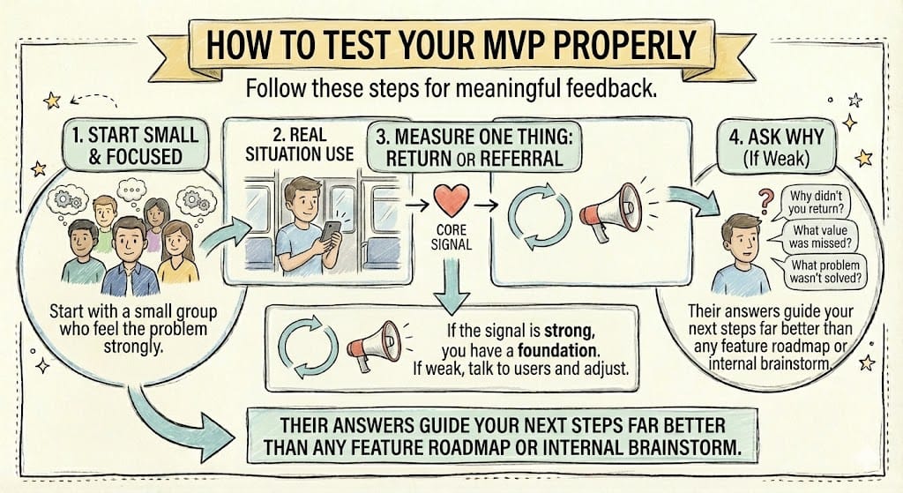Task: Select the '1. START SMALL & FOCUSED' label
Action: pyautogui.click(x=135, y=146)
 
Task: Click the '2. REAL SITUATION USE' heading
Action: pyautogui.click(x=300, y=145)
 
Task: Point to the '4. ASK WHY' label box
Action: pyautogui.click(x=776, y=147)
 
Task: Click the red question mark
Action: pyautogui.click(x=765, y=202)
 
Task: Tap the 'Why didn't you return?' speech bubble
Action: pyautogui.click(x=815, y=202)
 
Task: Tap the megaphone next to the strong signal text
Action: pyautogui.click(x=375, y=344)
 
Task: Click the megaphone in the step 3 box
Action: pyautogui.click(x=611, y=211)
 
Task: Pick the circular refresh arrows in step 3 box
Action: pyautogui.click(x=540, y=215)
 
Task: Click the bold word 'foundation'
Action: pyautogui.click(x=557, y=349)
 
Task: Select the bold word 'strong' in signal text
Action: pyautogui.click(x=568, y=331)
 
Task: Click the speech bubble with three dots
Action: pyautogui.click(x=132, y=190)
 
